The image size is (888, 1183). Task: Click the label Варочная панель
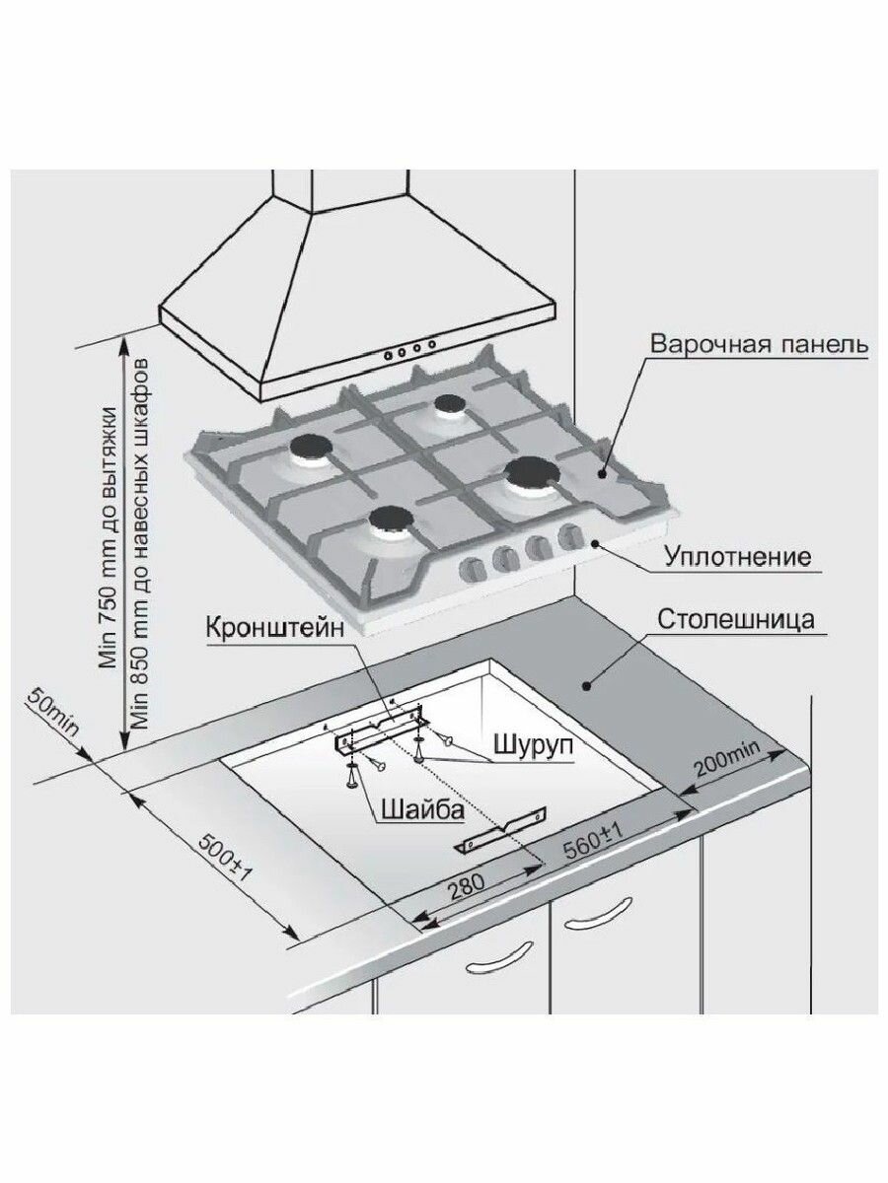click(x=759, y=344)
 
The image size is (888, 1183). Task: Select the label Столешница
click(x=735, y=619)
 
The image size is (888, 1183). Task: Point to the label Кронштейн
click(x=275, y=629)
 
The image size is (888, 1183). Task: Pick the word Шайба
click(x=422, y=810)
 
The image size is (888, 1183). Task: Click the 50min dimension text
click(x=52, y=712)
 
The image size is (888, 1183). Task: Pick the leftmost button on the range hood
click(x=388, y=355)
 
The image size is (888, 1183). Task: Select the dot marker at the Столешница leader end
click(x=586, y=685)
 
